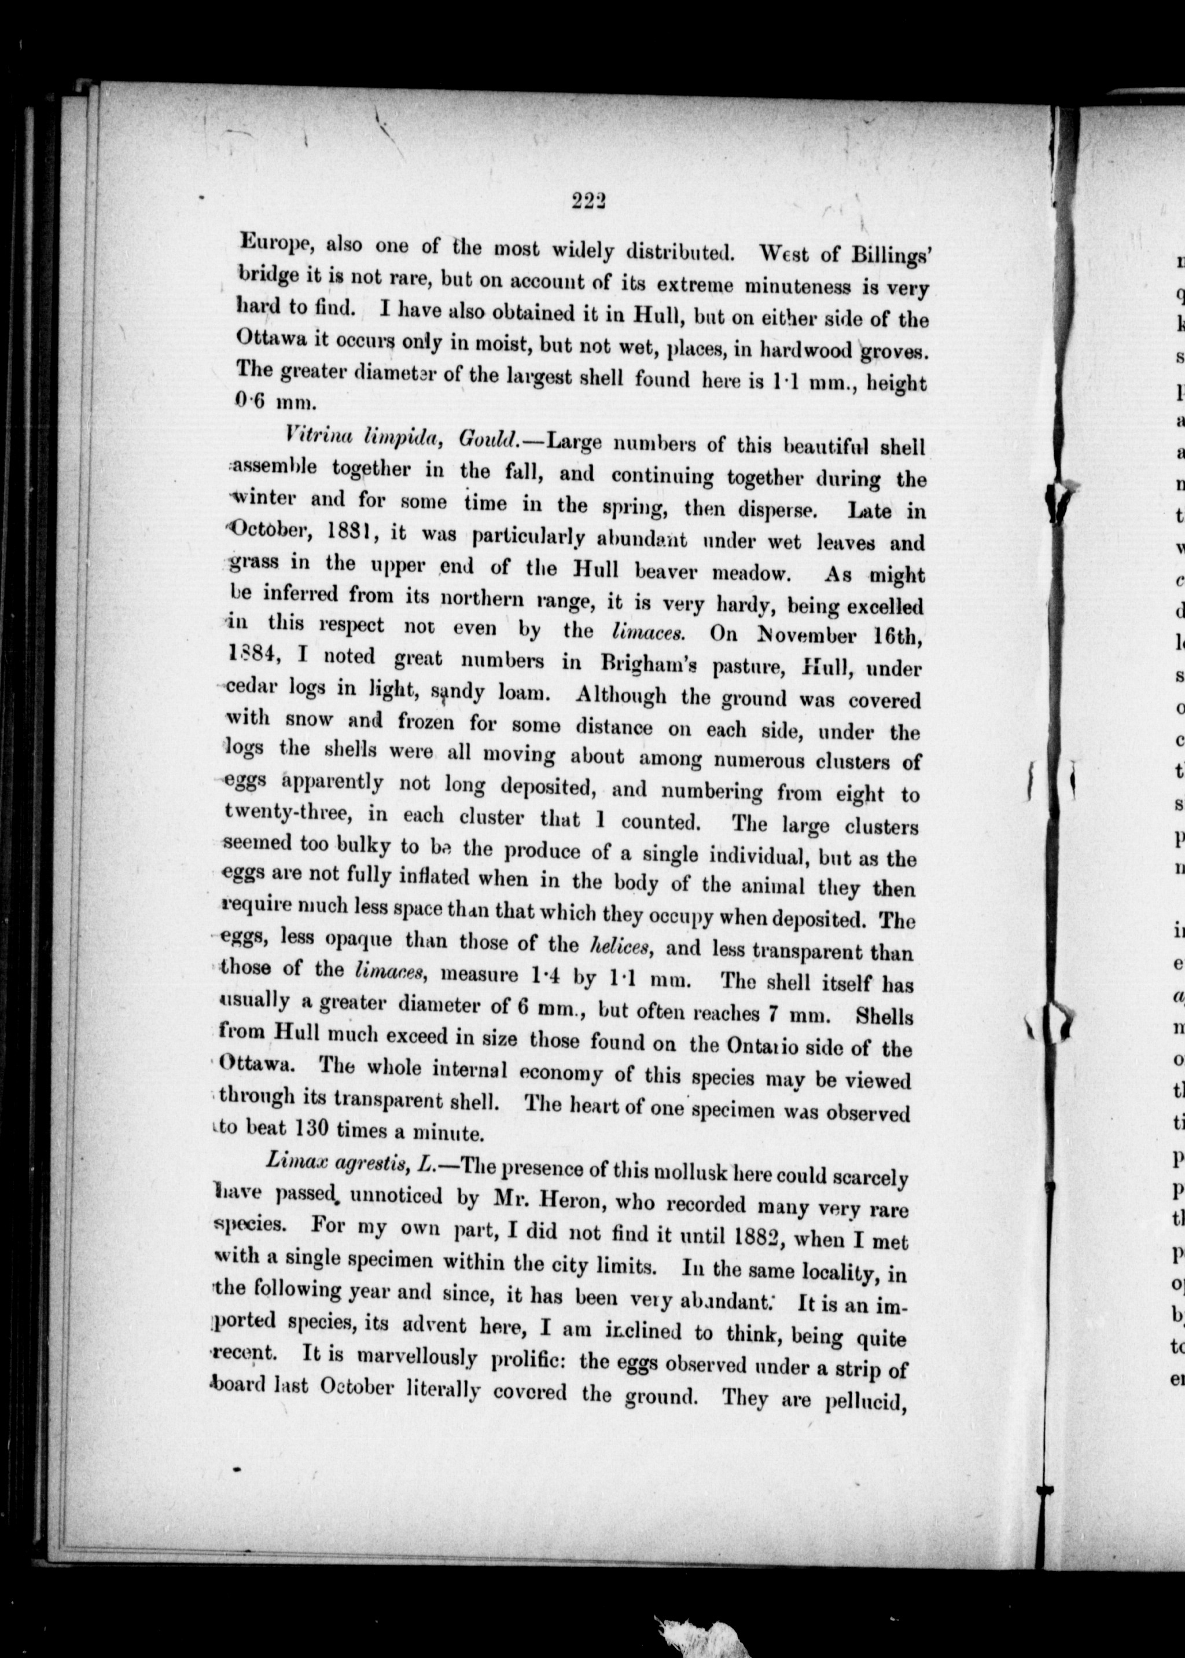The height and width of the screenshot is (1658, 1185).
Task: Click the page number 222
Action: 590,200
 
